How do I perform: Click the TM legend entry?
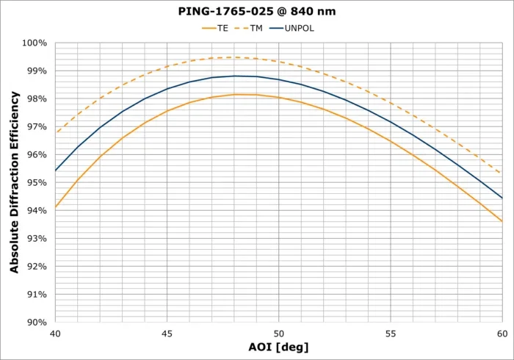tap(255, 28)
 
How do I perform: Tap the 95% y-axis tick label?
tap(36, 182)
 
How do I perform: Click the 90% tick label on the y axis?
tap(36, 322)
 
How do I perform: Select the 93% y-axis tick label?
tap(36, 238)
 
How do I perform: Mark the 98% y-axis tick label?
tap(36, 98)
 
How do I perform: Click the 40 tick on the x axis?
tap(56, 333)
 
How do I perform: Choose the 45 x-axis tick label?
tap(167, 333)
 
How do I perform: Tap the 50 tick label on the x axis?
tap(279, 333)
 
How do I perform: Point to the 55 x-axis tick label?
tap(391, 333)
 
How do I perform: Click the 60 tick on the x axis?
tap(502, 333)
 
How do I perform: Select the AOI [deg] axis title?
tap(279, 347)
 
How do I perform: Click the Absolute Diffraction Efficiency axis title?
tap(15, 182)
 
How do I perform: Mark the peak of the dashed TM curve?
tap(234, 57)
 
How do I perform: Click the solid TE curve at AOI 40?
tap(56, 207)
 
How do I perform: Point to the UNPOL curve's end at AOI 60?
tap(502, 198)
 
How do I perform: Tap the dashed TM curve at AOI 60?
tap(502, 173)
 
